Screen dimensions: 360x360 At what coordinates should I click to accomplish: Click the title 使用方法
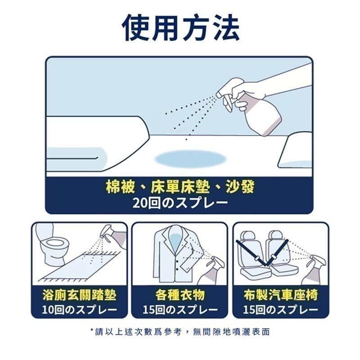coord(180,28)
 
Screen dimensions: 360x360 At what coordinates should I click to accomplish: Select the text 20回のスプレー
coord(180,202)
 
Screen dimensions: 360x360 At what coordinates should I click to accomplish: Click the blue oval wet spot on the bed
coord(190,159)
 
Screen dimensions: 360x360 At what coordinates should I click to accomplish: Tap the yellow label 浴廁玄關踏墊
coord(79,295)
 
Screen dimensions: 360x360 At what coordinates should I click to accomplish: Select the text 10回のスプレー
coord(79,310)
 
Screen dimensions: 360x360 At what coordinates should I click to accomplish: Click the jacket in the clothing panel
coord(173,254)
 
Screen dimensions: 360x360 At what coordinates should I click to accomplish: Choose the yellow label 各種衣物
coord(180,295)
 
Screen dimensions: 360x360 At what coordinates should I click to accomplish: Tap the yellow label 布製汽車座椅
coord(280,295)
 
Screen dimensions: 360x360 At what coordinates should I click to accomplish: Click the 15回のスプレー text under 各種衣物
coord(180,310)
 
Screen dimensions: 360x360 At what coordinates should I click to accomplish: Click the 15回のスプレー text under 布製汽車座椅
coord(280,310)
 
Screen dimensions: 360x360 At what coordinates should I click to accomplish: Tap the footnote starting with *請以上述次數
coord(180,332)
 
